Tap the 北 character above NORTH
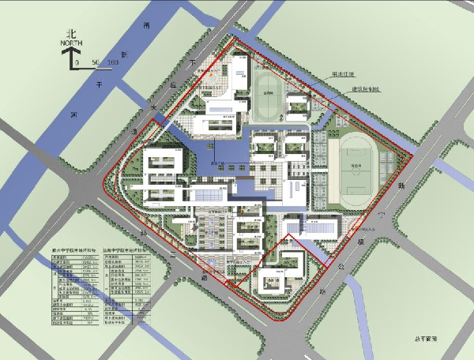coord(73,34)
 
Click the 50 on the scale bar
coord(96,62)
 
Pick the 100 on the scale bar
coord(113,62)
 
